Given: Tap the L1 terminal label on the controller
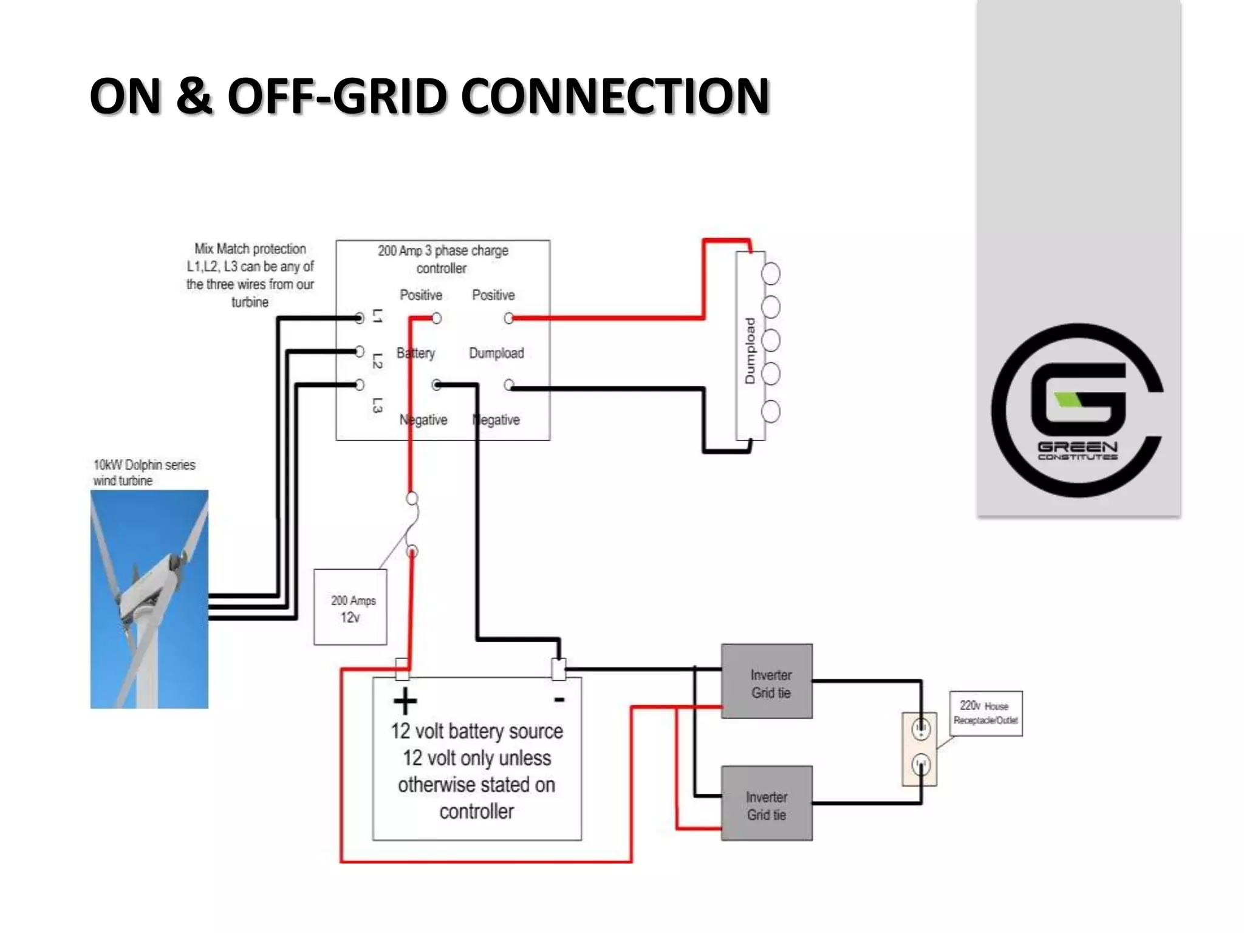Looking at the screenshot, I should coord(377,316).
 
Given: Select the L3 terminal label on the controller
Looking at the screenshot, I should coord(377,405).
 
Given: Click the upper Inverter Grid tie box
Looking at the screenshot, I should coord(767,682).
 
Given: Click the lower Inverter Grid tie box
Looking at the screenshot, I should coord(767,804).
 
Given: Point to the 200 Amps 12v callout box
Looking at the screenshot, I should coord(350,607).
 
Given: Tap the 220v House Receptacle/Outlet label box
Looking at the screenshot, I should coord(985,713).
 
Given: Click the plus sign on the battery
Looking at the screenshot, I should coord(405,702).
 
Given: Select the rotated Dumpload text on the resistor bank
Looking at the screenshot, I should coord(750,350).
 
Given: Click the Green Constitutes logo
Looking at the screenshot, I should coord(1078,410).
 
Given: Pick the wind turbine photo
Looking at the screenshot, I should coord(149,599).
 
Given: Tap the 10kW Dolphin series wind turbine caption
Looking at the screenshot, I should coord(143,473).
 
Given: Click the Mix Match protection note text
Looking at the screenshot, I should coord(250,275).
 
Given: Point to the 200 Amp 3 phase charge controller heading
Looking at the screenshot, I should coord(442,259).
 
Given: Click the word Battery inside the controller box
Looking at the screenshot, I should coord(415,353).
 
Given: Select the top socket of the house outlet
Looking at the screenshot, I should coord(921,728).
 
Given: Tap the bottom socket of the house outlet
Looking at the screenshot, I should coord(921,764).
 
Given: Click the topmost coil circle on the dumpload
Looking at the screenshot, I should coord(770,274).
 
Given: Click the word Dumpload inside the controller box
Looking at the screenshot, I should coord(496,353).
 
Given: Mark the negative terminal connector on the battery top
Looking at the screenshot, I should coord(558,669).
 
